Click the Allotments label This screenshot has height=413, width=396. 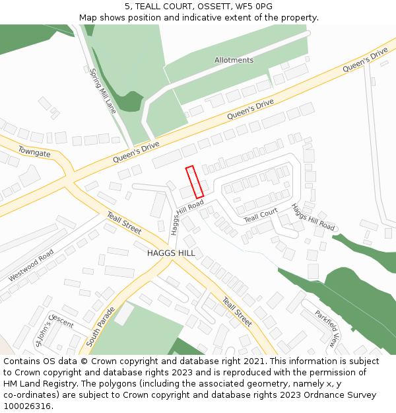(x=234, y=60)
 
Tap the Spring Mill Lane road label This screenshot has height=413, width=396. (x=102, y=91)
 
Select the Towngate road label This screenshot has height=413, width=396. (x=34, y=152)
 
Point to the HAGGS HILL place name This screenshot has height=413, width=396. (x=171, y=253)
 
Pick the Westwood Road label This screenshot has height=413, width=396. (x=31, y=266)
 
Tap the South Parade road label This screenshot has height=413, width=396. (x=101, y=326)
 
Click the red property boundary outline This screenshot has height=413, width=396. (x=195, y=182)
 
